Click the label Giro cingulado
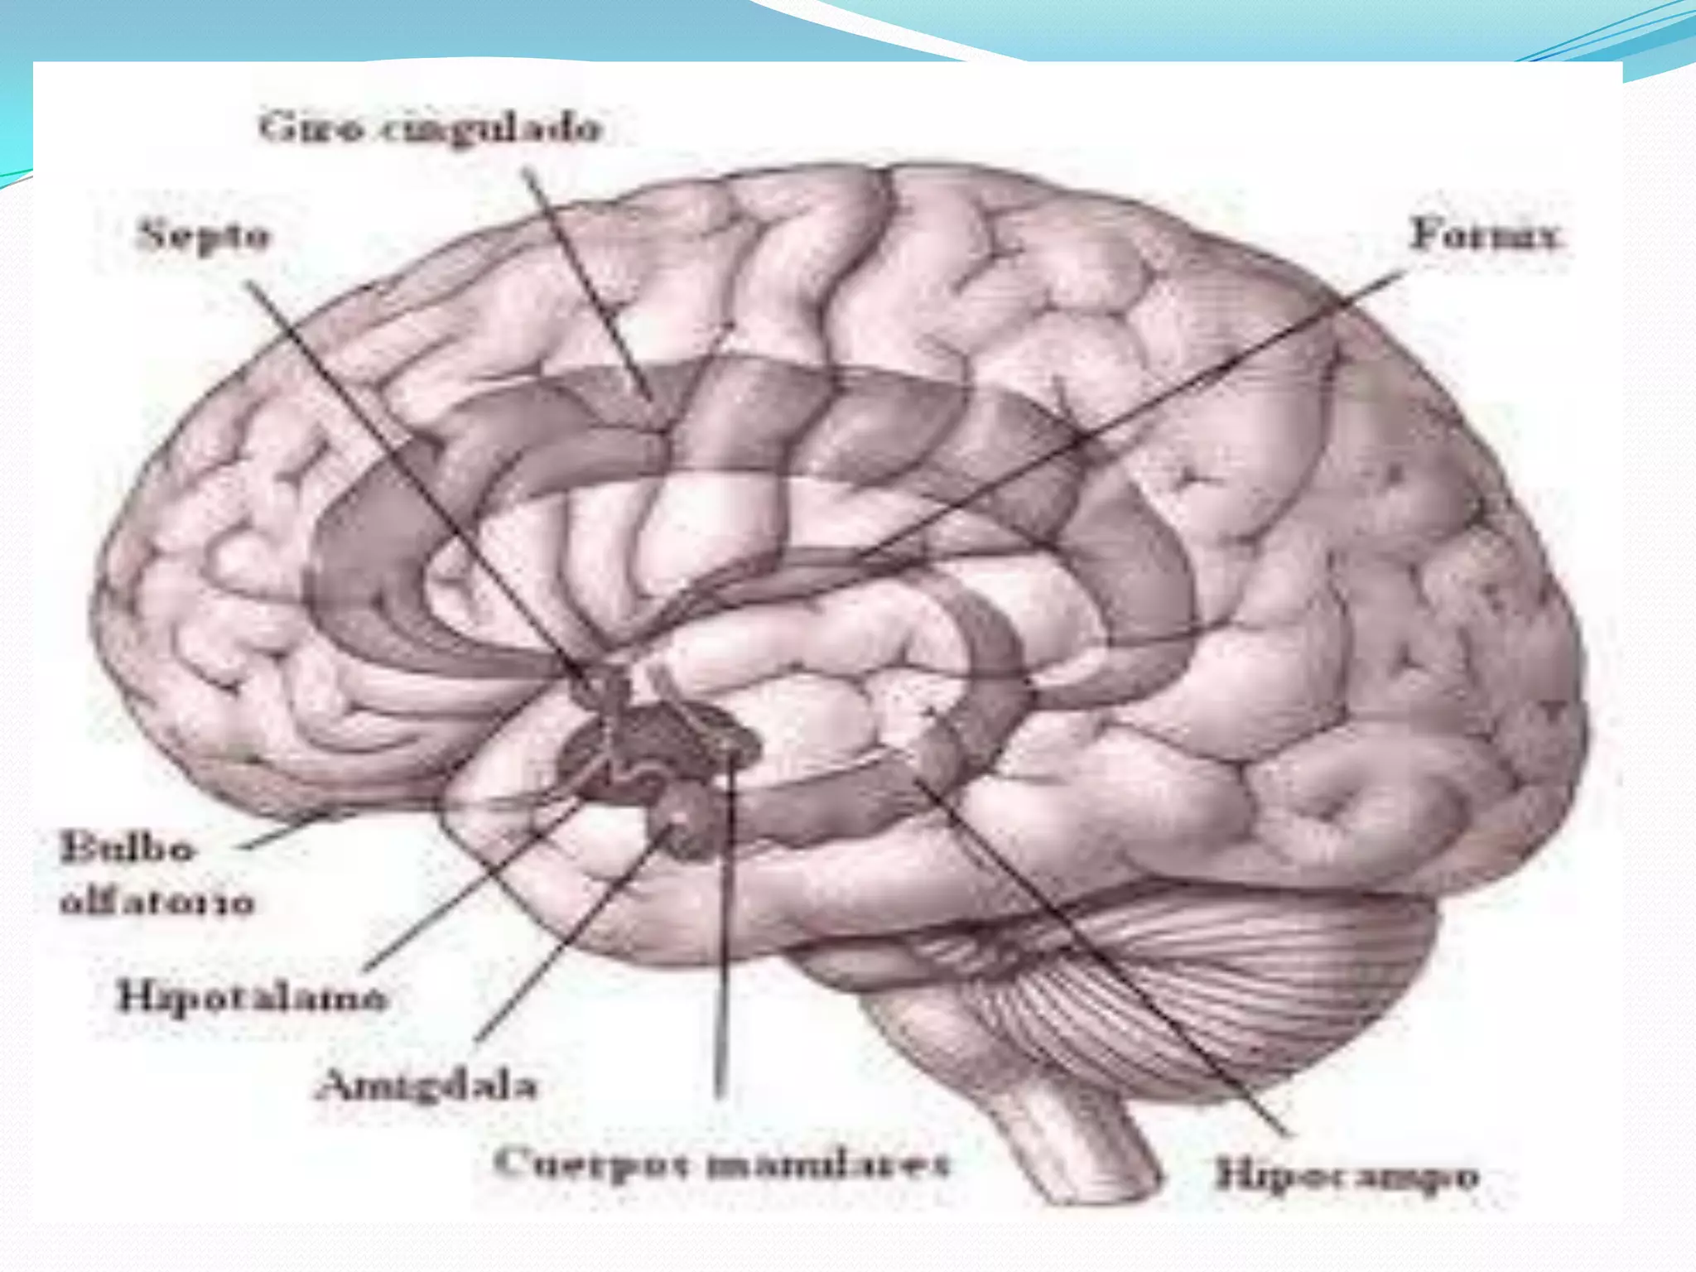click(x=430, y=129)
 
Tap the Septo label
click(x=204, y=236)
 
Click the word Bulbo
click(x=128, y=848)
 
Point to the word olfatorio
click(x=157, y=902)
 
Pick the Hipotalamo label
click(x=251, y=996)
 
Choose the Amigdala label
click(x=426, y=1084)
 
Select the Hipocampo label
click(x=1347, y=1176)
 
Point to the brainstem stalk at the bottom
click(x=1077, y=1143)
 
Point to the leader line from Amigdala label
click(x=571, y=936)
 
